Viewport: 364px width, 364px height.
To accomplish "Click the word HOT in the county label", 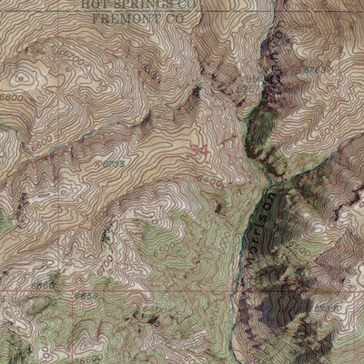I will click(94, 4).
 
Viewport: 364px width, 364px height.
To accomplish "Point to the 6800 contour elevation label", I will click(12, 96).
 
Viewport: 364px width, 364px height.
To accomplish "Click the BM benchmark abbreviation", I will click(250, 80).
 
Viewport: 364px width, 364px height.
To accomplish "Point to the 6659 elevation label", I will click(86, 295).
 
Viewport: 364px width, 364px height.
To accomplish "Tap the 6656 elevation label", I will click(43, 285).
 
